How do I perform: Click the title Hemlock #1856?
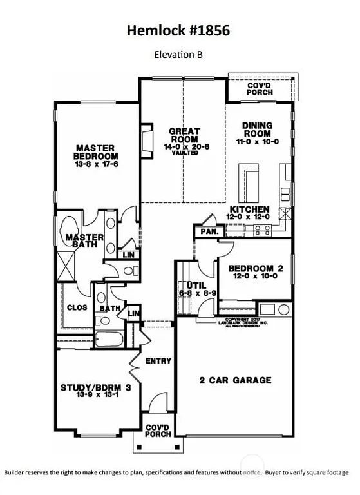178,30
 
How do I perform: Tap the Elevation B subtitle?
178,55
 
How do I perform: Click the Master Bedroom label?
95,151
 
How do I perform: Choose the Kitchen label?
249,210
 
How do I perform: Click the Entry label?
158,360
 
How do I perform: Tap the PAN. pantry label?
208,231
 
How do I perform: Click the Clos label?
77,307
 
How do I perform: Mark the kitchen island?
247,184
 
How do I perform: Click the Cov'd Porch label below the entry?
158,431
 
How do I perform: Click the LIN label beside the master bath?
129,255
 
